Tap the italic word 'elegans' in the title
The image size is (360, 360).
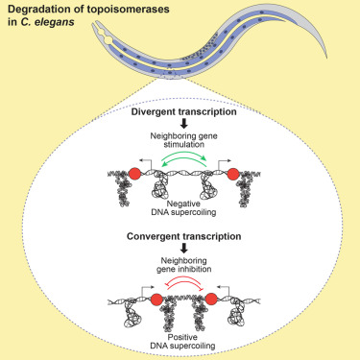pyautogui.click(x=55, y=22)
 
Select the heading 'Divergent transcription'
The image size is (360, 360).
pyautogui.click(x=184, y=112)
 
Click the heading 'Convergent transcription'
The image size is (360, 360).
pyautogui.click(x=184, y=236)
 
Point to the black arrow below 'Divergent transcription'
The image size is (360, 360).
pyautogui.click(x=184, y=124)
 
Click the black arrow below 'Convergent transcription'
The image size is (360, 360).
pyautogui.click(x=184, y=249)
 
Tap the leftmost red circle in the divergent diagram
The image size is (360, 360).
pyautogui.click(x=135, y=174)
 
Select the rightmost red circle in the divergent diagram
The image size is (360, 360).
pyautogui.click(x=233, y=174)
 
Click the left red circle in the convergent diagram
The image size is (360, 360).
pyautogui.click(x=156, y=300)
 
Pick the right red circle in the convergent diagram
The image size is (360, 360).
pyautogui.click(x=211, y=300)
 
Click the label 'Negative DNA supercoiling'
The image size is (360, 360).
pyautogui.click(x=183, y=207)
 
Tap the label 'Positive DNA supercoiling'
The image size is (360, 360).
pyautogui.click(x=183, y=342)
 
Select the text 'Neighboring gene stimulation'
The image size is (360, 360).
pyautogui.click(x=184, y=140)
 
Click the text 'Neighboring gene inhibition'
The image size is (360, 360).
pyautogui.click(x=184, y=265)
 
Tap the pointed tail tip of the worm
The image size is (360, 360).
pyautogui.click(x=326, y=59)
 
